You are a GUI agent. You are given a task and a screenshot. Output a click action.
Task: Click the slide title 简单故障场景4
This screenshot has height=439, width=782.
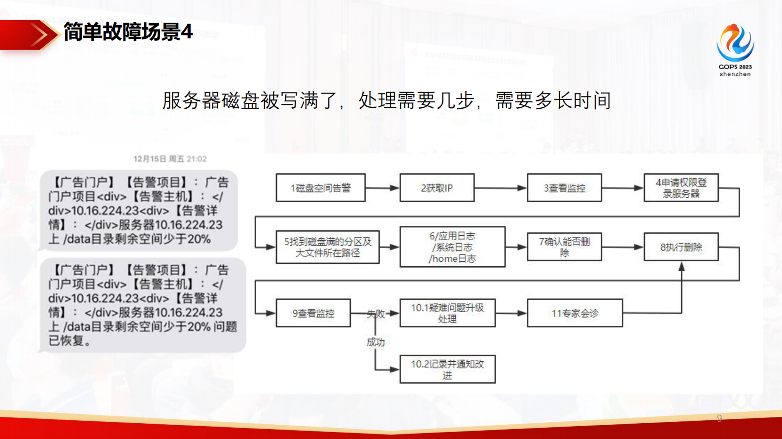click(x=128, y=33)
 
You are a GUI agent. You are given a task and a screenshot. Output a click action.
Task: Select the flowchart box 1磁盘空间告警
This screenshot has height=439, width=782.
click(x=320, y=188)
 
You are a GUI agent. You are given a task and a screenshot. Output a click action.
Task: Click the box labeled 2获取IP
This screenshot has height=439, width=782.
click(x=437, y=188)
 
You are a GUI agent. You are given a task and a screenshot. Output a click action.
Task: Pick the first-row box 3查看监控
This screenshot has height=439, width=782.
click(x=564, y=188)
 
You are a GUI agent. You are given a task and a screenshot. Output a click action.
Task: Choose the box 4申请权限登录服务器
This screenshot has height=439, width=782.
click(x=681, y=188)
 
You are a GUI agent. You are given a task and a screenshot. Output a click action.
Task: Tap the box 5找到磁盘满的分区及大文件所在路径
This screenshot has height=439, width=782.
click(x=327, y=247)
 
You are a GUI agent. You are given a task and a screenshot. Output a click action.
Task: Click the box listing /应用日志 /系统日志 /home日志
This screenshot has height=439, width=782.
click(x=452, y=247)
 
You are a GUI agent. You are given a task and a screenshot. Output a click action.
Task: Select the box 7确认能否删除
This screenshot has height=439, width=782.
click(x=564, y=247)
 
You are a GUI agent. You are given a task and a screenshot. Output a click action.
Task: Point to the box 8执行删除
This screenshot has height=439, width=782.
click(x=681, y=247)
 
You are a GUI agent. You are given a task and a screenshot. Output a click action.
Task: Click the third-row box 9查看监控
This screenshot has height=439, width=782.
click(x=313, y=313)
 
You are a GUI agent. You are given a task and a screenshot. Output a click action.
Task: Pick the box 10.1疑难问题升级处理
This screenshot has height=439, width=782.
click(x=447, y=313)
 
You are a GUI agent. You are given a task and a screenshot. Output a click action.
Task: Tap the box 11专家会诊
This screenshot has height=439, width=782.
click(x=575, y=313)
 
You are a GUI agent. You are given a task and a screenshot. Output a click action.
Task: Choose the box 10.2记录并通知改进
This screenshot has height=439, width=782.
click(x=447, y=369)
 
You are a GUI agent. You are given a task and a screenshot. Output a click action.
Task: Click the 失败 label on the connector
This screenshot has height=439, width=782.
click(x=375, y=314)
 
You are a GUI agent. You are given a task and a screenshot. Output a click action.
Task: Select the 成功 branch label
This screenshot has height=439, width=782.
click(x=375, y=342)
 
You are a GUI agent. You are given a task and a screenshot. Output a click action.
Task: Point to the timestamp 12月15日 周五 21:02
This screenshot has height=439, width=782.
click(x=170, y=159)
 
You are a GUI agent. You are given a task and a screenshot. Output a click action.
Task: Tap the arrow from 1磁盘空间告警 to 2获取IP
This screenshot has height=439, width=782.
click(x=382, y=188)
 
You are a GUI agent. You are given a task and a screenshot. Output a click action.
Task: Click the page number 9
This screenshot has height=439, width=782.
click(x=719, y=418)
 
